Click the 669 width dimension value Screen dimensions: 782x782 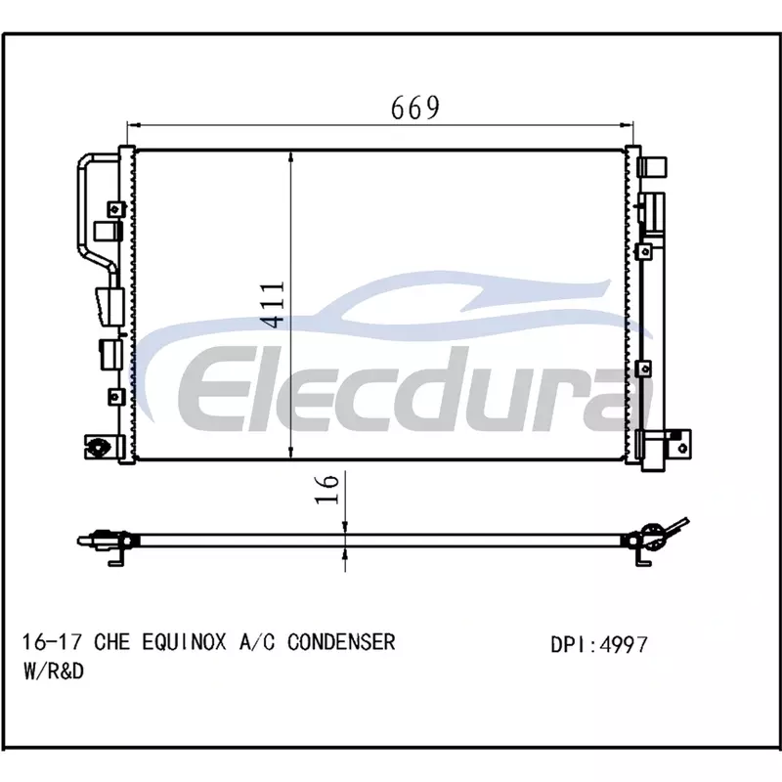pyautogui.click(x=414, y=108)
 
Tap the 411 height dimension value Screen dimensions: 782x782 pyautogui.click(x=274, y=305)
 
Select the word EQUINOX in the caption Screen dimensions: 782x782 pyautogui.click(x=184, y=642)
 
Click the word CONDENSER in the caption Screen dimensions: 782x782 pyautogui.click(x=341, y=642)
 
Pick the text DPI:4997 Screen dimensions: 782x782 pyautogui.click(x=599, y=644)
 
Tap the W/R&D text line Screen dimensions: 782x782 pyautogui.click(x=54, y=671)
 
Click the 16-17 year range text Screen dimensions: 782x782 pyautogui.click(x=52, y=642)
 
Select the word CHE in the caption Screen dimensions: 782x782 pyautogui.click(x=112, y=642)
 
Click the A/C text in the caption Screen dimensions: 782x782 pyautogui.click(x=257, y=642)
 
